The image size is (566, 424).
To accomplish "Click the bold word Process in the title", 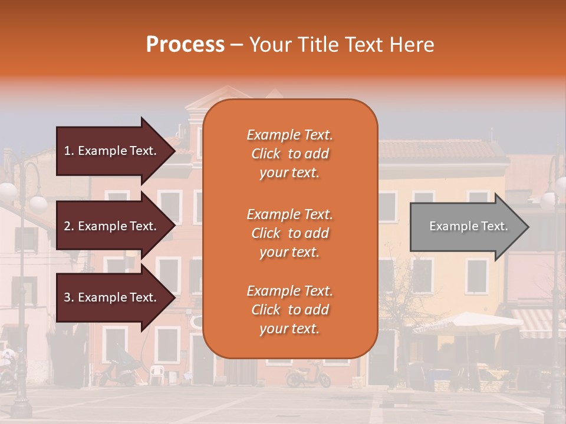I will click(x=185, y=45).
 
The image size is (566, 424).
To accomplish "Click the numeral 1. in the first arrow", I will click(x=69, y=151).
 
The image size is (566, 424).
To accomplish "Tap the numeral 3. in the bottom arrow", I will click(x=69, y=297).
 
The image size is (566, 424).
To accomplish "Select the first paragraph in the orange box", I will click(x=289, y=154).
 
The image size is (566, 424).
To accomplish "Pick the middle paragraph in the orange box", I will click(x=289, y=233).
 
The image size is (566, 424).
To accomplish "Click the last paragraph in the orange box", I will click(x=289, y=310).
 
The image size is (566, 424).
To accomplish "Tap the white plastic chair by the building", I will click(x=156, y=374).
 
